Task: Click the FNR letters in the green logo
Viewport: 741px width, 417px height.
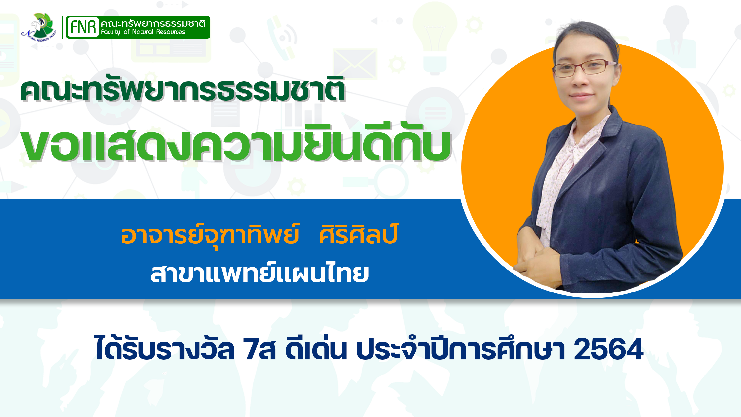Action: coord(83,27)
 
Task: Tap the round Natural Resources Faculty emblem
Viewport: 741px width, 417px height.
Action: coord(39,27)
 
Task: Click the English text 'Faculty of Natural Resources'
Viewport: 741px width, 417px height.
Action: coord(143,32)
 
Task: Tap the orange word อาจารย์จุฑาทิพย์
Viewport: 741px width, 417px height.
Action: coord(210,235)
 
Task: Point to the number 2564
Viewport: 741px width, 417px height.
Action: coord(609,349)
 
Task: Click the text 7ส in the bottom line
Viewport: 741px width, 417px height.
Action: coord(259,349)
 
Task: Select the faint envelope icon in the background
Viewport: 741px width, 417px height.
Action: coord(355,63)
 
